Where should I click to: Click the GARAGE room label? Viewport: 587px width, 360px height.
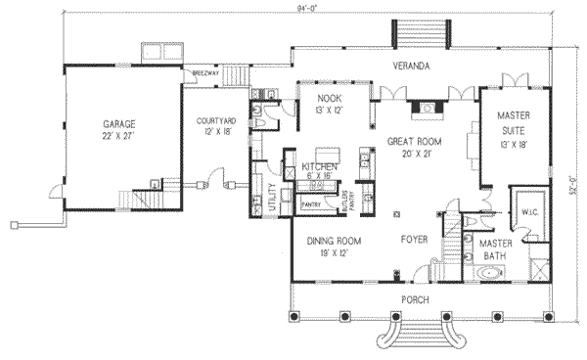coord(117,124)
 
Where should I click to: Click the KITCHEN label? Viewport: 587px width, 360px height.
coord(320,168)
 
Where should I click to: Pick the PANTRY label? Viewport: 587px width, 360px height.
coord(313,205)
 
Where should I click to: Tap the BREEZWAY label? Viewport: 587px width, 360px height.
coord(204,73)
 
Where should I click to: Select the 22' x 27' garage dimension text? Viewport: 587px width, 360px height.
coord(117,136)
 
